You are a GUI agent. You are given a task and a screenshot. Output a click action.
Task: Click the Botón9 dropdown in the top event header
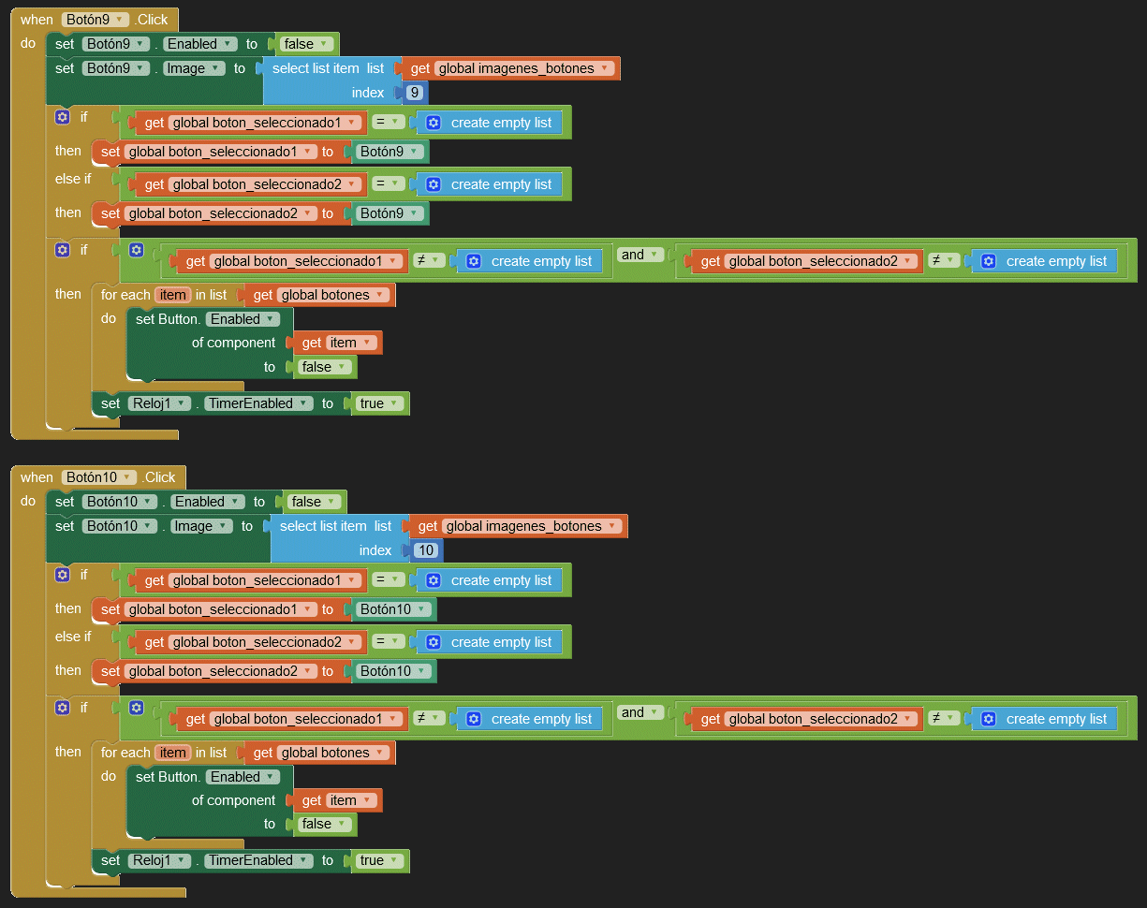pyautogui.click(x=96, y=20)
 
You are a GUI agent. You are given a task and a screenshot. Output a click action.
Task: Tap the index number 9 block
pyautogui.click(x=415, y=93)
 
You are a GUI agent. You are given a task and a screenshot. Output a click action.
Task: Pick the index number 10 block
pyautogui.click(x=426, y=550)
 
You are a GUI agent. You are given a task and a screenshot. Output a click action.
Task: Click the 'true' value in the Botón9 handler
pyautogui.click(x=379, y=403)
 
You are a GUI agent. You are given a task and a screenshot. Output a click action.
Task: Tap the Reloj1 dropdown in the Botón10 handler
pyautogui.click(x=158, y=860)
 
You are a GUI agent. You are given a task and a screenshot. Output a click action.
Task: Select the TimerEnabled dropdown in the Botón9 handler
pyautogui.click(x=257, y=403)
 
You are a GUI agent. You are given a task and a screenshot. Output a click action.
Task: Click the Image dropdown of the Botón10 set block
pyautogui.click(x=200, y=526)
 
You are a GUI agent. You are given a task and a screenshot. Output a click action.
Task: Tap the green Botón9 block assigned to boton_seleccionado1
pyautogui.click(x=389, y=152)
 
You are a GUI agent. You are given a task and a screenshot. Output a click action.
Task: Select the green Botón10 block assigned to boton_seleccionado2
pyautogui.click(x=392, y=671)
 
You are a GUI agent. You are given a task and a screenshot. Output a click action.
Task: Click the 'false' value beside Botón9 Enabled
pyautogui.click(x=305, y=44)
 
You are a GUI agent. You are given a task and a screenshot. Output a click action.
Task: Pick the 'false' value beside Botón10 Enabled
pyautogui.click(x=313, y=502)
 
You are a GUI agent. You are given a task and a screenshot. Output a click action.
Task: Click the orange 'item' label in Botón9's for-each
pyautogui.click(x=172, y=295)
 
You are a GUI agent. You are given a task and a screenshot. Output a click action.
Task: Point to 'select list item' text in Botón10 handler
pyautogui.click(x=323, y=526)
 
